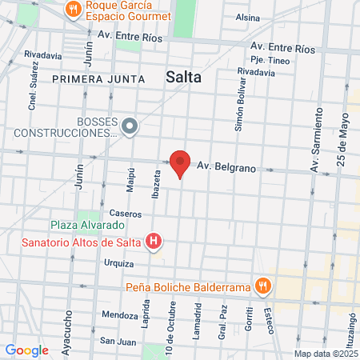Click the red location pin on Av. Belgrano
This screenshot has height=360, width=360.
tap(181, 163)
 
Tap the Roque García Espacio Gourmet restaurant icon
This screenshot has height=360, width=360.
tap(74, 10)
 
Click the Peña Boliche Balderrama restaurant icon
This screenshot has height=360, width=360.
tap(262, 286)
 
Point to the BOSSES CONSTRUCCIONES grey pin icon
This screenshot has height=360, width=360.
tap(130, 126)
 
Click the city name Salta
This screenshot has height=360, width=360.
tap(183, 77)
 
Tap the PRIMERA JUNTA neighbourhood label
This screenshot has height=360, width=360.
tap(98, 79)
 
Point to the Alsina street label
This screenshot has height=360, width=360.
tap(248, 17)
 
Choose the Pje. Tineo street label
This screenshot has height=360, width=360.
tap(269, 60)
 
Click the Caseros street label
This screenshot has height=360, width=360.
tap(126, 214)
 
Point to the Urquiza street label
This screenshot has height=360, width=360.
tap(118, 262)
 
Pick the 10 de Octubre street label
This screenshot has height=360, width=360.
tap(170, 323)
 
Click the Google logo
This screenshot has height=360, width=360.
tap(26, 350)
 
